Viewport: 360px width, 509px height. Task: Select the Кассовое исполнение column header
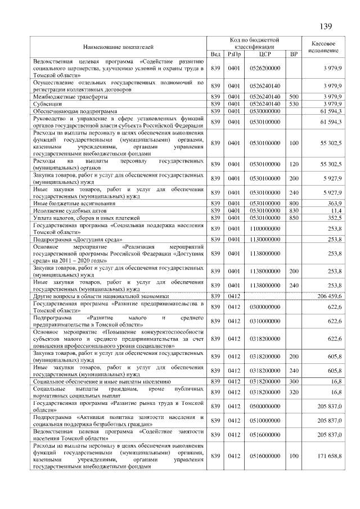323,47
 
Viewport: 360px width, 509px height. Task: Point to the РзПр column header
233,54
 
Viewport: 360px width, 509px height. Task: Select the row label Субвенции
46,104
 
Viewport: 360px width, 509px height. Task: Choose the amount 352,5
333,217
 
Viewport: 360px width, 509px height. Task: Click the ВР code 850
293,217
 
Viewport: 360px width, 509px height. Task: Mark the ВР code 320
293,392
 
